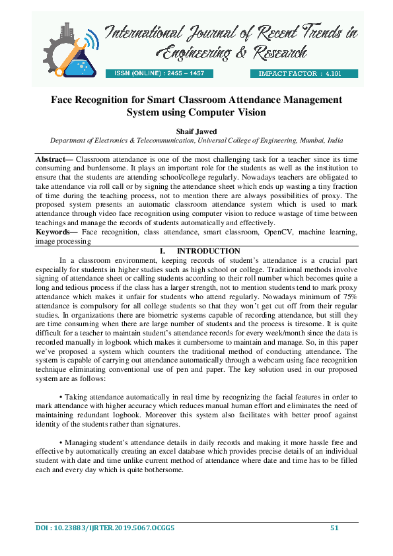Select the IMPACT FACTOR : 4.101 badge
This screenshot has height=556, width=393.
295,74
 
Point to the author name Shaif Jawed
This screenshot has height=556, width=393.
196,131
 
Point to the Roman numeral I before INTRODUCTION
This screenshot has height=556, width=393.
162,251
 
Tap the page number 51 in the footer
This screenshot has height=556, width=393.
334,528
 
